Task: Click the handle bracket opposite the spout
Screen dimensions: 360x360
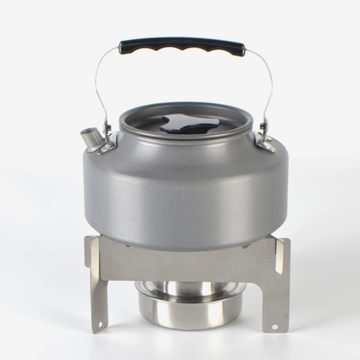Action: click(265, 142)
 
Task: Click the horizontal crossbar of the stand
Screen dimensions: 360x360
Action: click(184, 265)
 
